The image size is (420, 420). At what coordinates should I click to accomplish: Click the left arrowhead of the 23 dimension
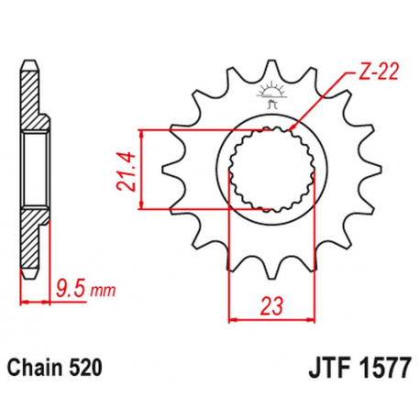tap(232, 320)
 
